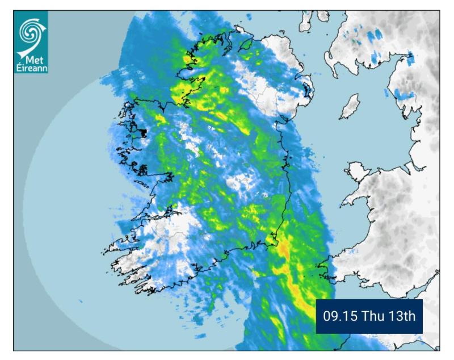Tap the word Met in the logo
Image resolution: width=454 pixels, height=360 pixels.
[35, 60]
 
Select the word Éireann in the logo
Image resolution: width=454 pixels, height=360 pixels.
[32, 69]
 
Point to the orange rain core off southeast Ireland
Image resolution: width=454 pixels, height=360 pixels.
[284, 250]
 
